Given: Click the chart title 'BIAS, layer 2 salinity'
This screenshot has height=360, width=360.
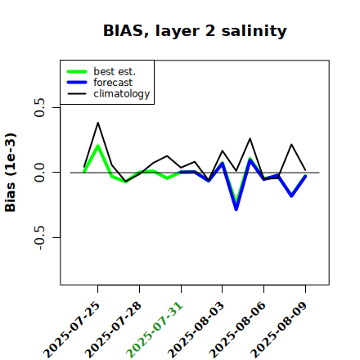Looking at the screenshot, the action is [195, 31].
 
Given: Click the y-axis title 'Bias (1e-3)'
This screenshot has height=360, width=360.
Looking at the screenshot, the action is [11, 173].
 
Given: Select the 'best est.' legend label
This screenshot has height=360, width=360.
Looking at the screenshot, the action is [115, 71].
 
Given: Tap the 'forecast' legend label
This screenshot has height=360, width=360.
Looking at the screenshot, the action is [113, 83].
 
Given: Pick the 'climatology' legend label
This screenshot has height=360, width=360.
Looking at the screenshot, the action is [122, 94].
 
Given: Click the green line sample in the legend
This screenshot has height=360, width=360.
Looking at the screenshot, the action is [77, 71].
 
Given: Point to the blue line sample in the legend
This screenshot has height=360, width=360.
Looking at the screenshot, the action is [77, 83].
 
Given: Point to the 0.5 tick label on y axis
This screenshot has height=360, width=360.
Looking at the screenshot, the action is [40, 107].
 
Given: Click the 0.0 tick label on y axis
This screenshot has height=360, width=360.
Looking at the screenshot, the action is [40, 173].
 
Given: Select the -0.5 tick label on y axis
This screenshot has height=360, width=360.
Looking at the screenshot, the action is [40, 238].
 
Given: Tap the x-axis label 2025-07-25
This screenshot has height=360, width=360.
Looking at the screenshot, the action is [71, 330].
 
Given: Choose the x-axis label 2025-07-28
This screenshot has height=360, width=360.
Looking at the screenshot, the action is [113, 330].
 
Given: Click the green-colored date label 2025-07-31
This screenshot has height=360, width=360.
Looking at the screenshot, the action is [155, 330].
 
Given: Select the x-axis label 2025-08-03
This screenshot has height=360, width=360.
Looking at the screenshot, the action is [196, 330].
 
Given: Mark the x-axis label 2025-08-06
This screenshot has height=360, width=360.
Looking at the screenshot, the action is [237, 330].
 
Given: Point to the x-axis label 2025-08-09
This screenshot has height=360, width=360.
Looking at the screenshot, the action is [279, 330].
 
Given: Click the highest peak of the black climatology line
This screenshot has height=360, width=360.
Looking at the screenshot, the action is [98, 123].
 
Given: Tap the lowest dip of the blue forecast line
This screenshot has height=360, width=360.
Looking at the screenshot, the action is [236, 209].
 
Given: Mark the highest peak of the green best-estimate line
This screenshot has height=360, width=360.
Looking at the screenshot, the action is [98, 146].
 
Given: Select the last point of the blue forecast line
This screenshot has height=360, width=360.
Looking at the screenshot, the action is [305, 177].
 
